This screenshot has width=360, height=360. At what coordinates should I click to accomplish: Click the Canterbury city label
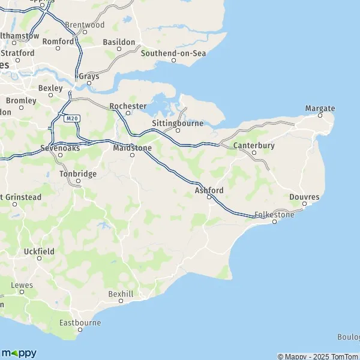(x=254, y=145)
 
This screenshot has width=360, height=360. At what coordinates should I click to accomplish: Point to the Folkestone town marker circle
(x=275, y=222)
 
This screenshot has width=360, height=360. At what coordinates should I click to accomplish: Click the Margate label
(x=320, y=109)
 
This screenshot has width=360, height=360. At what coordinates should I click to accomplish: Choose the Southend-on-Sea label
(x=173, y=53)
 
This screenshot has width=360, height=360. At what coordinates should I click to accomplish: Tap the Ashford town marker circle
(x=209, y=198)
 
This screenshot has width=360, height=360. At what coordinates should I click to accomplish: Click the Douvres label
(x=304, y=197)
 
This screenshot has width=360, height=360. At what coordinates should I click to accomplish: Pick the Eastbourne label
(x=80, y=323)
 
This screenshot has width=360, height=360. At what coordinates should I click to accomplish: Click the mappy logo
(x=19, y=353)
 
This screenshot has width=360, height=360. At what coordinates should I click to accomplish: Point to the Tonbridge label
(x=77, y=173)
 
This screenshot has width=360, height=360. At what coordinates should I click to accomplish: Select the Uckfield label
(x=40, y=251)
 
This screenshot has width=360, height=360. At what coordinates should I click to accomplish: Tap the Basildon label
(x=119, y=42)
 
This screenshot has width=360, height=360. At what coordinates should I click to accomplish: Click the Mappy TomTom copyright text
(x=318, y=356)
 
